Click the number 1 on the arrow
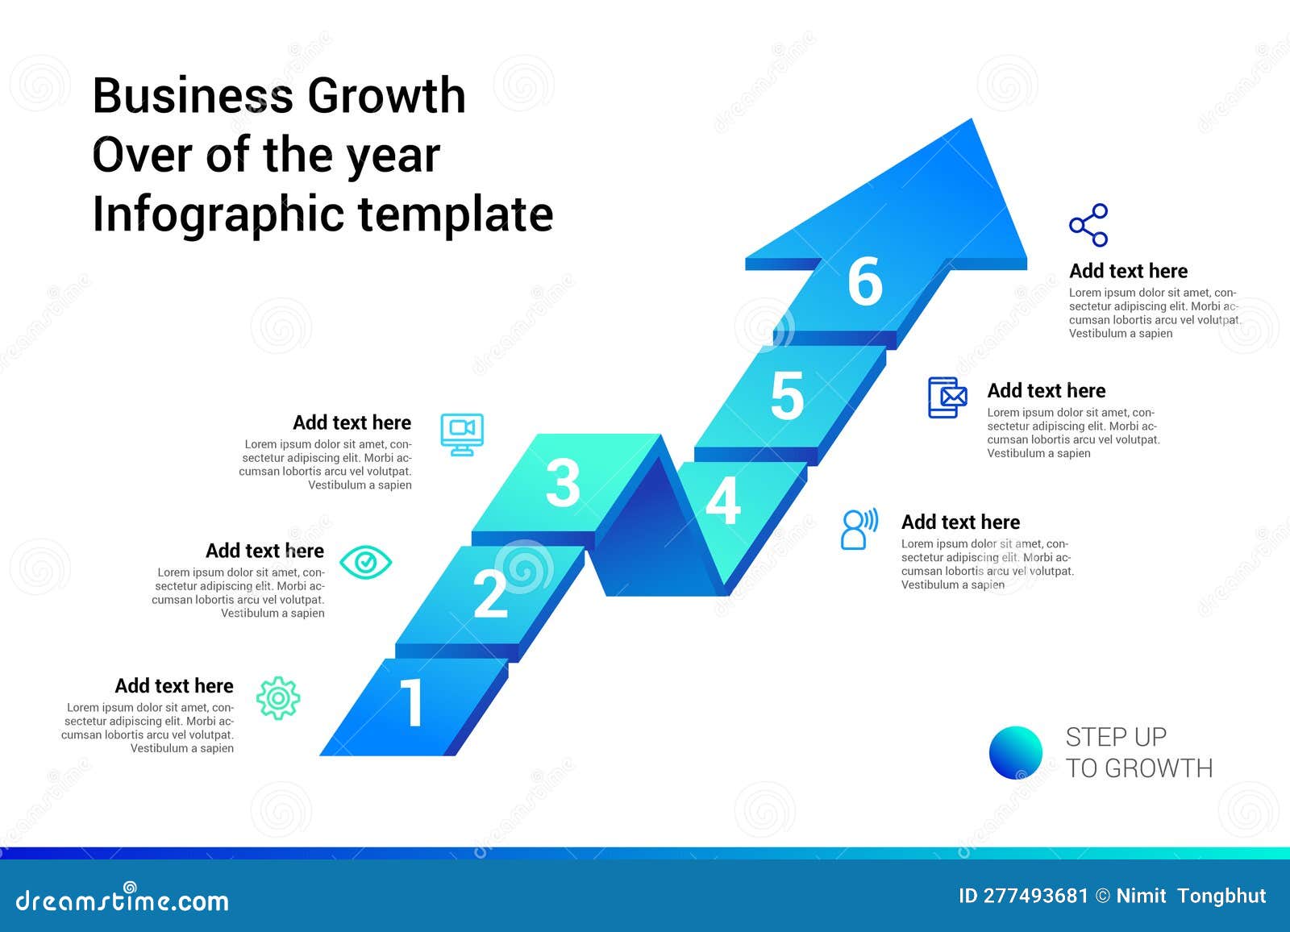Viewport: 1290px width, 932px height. pos(412,703)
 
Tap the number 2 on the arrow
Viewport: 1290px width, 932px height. pos(490,595)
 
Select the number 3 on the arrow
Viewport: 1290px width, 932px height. pos(562,484)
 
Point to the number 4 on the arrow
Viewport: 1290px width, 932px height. pos(722,501)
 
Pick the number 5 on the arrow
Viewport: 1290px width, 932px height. pos(787,397)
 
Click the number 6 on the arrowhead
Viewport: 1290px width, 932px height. pos(865,282)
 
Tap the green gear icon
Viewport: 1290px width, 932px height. pos(278,698)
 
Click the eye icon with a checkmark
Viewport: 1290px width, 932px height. pos(365,562)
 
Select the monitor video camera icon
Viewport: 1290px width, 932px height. pos(462,434)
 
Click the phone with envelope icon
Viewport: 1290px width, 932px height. pos(947,397)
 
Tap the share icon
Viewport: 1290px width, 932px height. pos(1088,225)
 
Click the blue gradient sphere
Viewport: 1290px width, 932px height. pos(1016,752)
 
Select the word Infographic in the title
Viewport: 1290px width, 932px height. pos(218,214)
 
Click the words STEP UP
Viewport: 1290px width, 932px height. pos(1116,737)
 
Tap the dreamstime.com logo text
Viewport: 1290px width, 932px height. pos(123,901)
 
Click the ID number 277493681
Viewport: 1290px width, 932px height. pos(1036,896)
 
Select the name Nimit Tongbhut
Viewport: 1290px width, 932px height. pos(1191,896)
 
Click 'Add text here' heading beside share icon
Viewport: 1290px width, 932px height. pos(1128,271)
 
